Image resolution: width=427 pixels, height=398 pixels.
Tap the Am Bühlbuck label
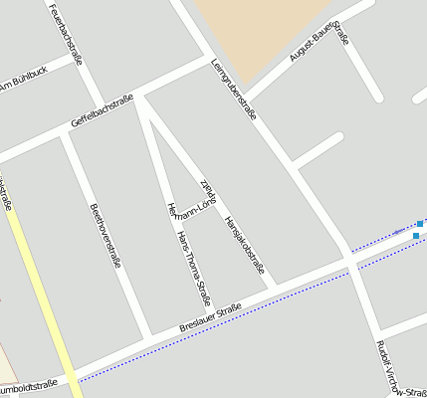pos(24,85)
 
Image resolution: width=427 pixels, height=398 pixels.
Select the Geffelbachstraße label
pos(103,109)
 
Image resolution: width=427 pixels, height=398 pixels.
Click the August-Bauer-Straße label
pos(320,45)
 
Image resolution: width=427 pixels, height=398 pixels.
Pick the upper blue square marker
pos(420,224)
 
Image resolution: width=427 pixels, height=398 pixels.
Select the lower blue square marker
pos(415,236)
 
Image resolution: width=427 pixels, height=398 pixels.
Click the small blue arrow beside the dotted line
pos(400,231)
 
